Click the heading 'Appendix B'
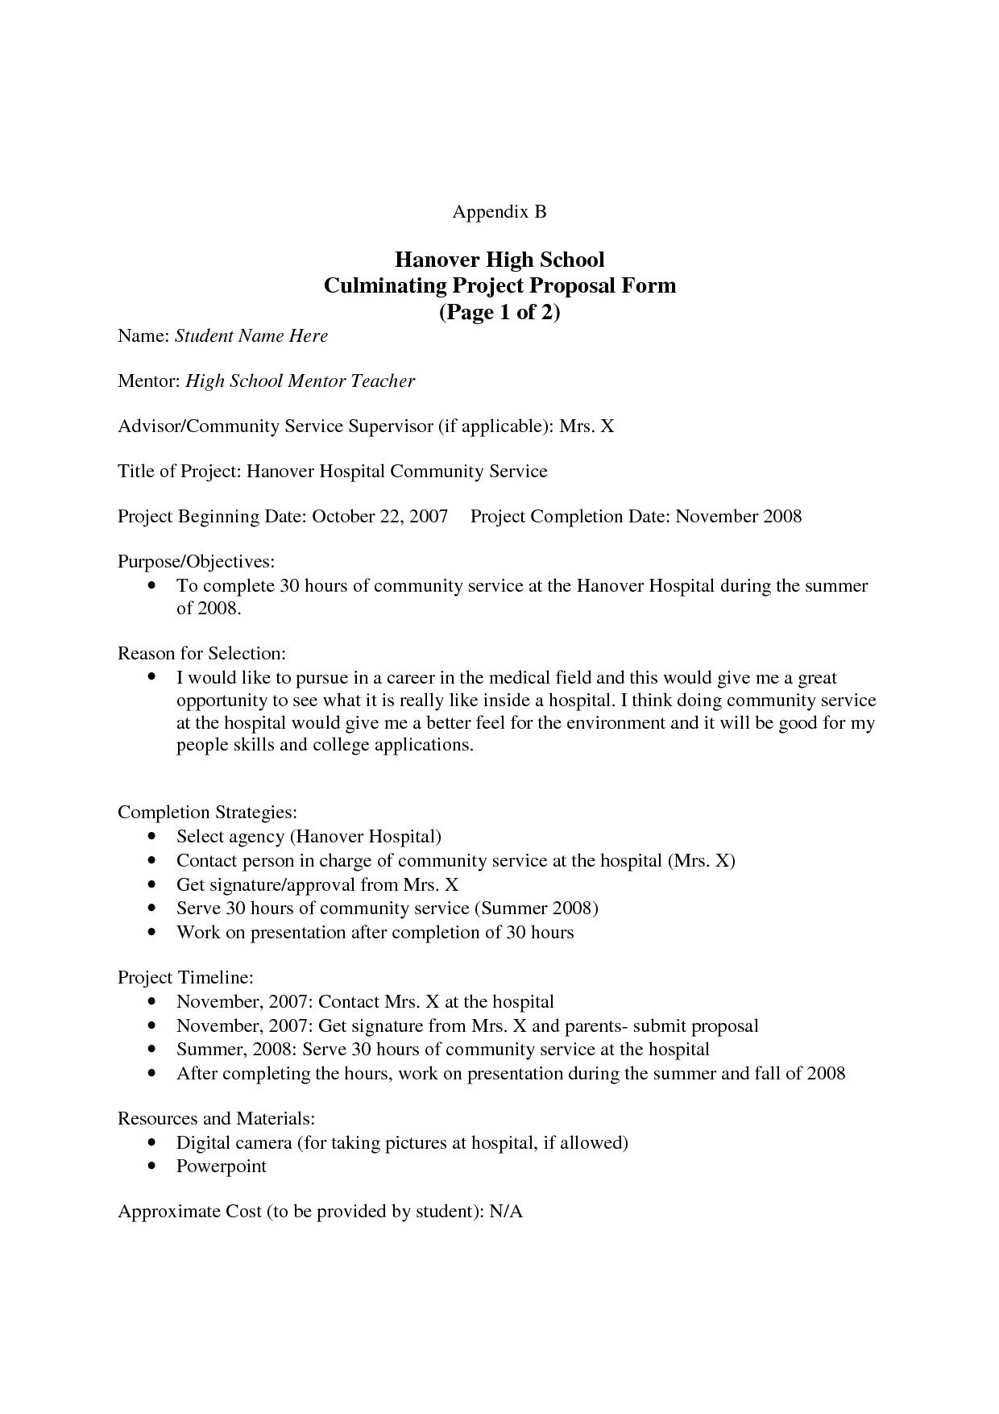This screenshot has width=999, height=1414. [499, 212]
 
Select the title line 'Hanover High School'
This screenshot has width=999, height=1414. [499, 260]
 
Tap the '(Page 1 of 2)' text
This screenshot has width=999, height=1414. [499, 312]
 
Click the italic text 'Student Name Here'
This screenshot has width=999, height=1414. [251, 336]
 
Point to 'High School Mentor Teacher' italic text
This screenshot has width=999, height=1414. [300, 381]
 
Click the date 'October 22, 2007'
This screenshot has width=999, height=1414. [379, 517]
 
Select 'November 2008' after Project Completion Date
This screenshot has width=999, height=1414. [738, 517]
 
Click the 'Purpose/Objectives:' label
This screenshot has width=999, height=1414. [197, 561]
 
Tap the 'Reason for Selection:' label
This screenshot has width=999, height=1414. [201, 652]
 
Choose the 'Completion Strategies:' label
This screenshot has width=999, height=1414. [207, 812]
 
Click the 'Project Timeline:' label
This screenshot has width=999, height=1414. [185, 978]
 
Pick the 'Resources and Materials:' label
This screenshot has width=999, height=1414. [215, 1119]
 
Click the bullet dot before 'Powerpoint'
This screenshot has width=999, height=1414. [152, 1167]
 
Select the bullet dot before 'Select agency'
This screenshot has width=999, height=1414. [152, 838]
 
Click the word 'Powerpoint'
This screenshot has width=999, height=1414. [221, 1167]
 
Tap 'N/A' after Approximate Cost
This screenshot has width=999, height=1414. [506, 1212]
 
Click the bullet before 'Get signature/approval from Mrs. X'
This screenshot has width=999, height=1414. [152, 885]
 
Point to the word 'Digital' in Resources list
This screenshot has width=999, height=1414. [203, 1143]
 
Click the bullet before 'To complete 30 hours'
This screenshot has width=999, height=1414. [152, 587]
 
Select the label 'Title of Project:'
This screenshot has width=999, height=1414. [179, 472]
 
